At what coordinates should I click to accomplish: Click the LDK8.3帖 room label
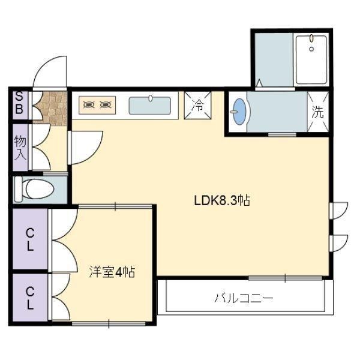pos(222,200)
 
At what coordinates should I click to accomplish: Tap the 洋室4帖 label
pos(112,272)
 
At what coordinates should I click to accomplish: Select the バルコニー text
pos(244,298)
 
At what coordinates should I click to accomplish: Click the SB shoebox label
pos(19,103)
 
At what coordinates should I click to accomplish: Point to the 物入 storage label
pos(20,148)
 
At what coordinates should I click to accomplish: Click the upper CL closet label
pos(30,240)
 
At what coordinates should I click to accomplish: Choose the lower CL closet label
pos(30,298)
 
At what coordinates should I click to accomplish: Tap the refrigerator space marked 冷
pos(197,106)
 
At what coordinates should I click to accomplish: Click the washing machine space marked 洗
pos(318,112)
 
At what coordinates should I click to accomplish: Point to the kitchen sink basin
pos(149,106)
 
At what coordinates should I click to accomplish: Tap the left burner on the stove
pos(89,105)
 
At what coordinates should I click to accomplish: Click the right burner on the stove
pos(106,105)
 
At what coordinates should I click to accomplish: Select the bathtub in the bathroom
pos(311,59)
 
